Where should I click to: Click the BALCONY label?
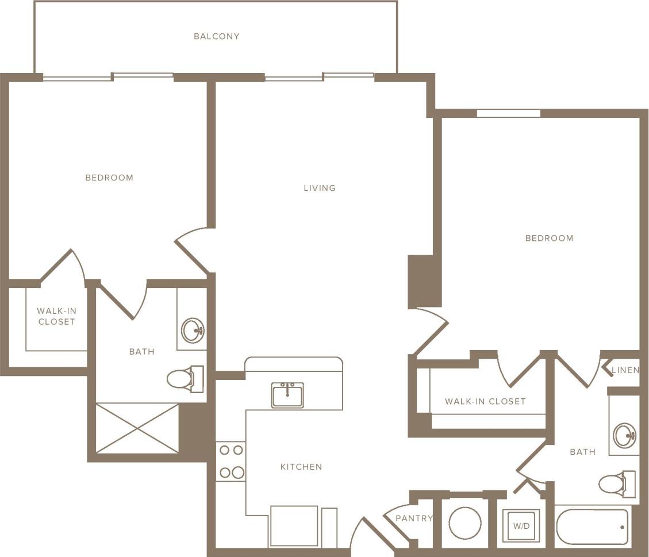216,36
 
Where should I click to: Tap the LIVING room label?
320,188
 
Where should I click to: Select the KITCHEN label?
301,467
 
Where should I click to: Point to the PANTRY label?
414,518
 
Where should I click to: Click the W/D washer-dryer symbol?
521,525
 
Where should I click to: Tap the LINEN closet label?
625,370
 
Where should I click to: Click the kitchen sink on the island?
287,395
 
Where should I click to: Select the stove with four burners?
231,461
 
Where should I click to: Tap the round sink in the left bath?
193,331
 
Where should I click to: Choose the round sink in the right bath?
625,435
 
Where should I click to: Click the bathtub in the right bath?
592,527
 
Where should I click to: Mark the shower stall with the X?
137,428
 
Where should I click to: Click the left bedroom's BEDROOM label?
109,178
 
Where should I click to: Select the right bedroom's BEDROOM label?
549,238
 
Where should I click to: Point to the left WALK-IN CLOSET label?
56,316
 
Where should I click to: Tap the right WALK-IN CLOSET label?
485,401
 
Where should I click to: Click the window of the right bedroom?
508,113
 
